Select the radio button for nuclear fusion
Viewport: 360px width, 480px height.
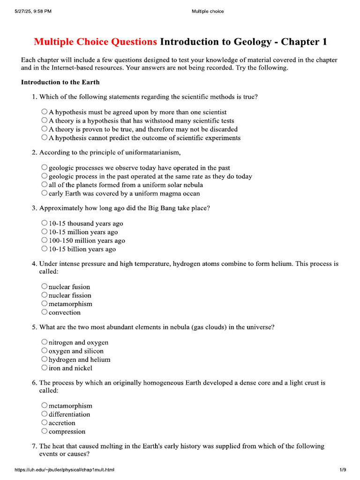pos(44,286)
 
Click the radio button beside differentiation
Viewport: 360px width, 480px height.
pos(44,414)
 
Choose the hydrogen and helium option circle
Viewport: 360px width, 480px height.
pos(44,359)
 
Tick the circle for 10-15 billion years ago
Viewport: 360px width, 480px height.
pos(44,248)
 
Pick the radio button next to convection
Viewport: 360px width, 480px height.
pos(44,312)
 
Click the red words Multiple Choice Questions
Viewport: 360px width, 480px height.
pos(95,42)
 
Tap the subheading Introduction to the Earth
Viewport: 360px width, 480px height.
pos(60,82)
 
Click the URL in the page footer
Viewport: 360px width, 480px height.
pos(65,470)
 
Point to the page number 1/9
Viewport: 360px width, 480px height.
pos(343,470)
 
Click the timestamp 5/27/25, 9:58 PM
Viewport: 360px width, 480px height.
pos(33,11)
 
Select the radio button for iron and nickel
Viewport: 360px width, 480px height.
pos(44,367)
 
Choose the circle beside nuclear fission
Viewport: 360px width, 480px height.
pos(44,295)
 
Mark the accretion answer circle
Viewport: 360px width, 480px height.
pos(44,422)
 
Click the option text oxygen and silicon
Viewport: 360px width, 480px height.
pos(76,351)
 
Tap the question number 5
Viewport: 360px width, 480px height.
pos(34,327)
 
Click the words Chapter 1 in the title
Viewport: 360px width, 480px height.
pos(305,42)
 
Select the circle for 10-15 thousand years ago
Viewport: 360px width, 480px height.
pos(44,223)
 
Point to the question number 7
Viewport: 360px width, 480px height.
pos(34,446)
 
